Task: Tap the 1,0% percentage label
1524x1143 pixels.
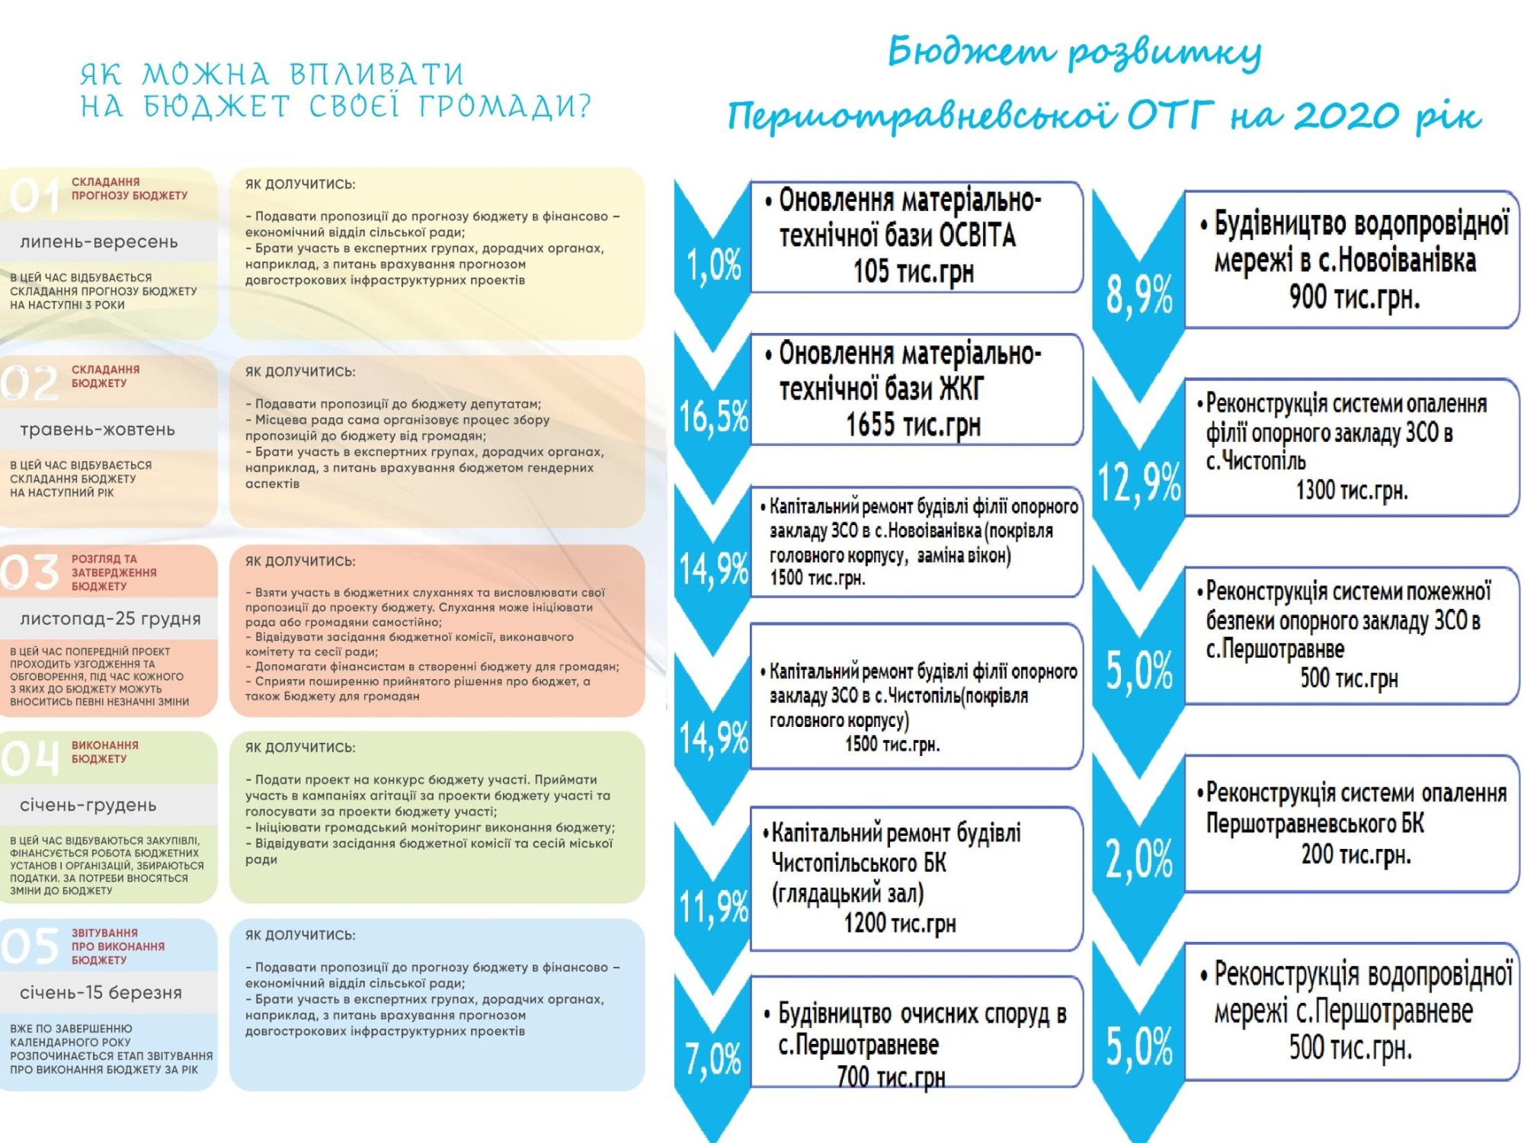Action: tap(713, 265)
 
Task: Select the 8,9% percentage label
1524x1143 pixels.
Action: tap(1139, 295)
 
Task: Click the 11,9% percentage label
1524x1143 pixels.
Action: tap(713, 907)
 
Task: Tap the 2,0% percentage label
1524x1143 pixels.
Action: tap(1139, 859)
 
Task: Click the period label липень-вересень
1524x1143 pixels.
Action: tap(99, 242)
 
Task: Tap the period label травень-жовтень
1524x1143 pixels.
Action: tap(98, 430)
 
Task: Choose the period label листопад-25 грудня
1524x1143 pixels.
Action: tap(110, 619)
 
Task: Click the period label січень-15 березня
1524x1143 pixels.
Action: tap(101, 993)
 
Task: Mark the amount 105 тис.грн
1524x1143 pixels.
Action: tap(914, 271)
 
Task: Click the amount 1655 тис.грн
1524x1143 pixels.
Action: tap(913, 425)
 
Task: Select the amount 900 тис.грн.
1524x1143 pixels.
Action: tap(1355, 297)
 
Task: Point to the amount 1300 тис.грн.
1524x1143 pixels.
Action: tap(1352, 490)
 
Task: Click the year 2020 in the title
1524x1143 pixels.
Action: tap(1347, 117)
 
